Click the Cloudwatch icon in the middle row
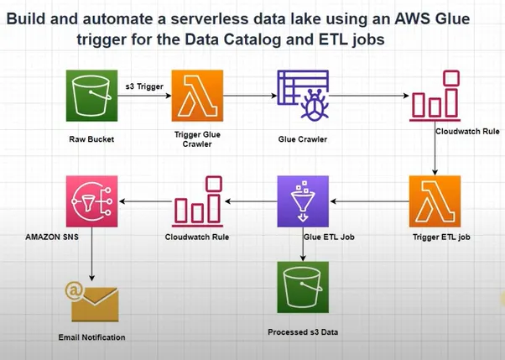[x=197, y=201]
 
